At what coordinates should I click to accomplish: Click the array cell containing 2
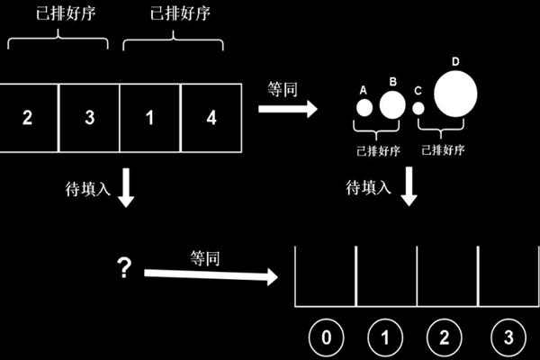click(x=28, y=118)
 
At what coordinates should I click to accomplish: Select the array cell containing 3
click(x=89, y=118)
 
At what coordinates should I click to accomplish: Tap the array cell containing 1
click(x=150, y=118)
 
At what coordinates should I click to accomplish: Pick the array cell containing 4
click(x=211, y=118)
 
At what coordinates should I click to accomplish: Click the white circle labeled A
click(x=364, y=108)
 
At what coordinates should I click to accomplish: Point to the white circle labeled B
click(x=392, y=105)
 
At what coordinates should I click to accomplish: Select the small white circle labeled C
click(x=418, y=108)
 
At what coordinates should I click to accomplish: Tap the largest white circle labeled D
click(x=455, y=94)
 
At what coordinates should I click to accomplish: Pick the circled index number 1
click(x=385, y=338)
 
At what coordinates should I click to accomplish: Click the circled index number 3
click(x=507, y=338)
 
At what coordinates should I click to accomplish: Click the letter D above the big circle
click(x=455, y=61)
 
